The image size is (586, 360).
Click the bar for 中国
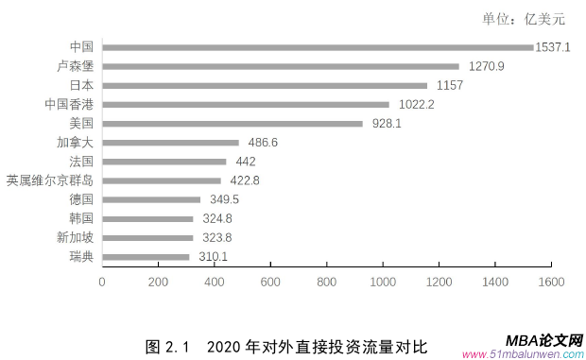point(318,46)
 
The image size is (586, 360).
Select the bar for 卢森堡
point(280,66)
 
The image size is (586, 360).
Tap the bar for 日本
point(265,85)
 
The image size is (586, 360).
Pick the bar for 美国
point(233,123)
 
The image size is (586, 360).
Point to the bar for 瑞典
point(146,256)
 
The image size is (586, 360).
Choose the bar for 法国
point(164,162)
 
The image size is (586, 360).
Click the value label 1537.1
point(552,46)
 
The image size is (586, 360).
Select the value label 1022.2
point(415,104)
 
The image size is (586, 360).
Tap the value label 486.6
point(262,143)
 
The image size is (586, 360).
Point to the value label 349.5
point(224,199)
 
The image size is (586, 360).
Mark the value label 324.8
point(216,218)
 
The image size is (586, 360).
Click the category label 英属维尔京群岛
point(49,180)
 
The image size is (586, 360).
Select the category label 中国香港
point(69,104)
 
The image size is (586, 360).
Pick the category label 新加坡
point(75,237)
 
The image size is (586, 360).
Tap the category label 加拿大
point(75,143)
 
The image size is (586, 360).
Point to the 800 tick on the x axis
point(327,282)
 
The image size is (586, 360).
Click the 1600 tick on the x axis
point(551,282)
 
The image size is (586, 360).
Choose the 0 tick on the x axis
point(102,282)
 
